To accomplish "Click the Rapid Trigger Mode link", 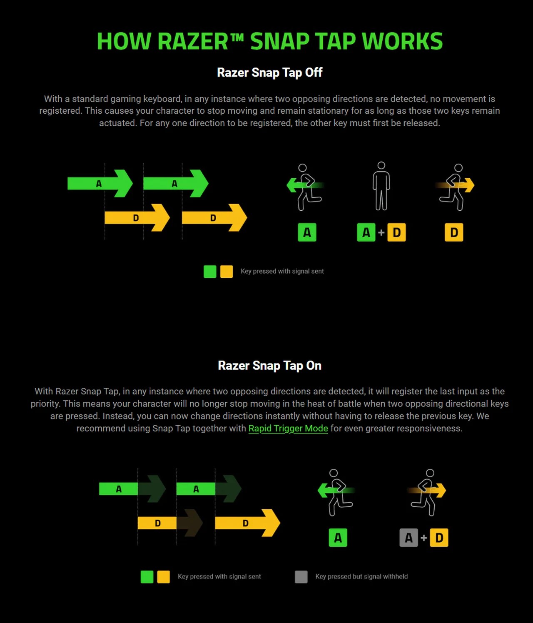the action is [x=288, y=428].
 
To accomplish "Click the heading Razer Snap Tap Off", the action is [x=270, y=72].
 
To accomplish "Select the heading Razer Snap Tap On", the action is [x=270, y=366].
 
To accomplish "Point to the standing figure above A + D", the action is [x=381, y=186].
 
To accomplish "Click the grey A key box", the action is [x=408, y=537].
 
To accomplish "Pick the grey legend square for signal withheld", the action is [x=301, y=577].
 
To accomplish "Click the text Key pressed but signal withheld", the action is [x=361, y=577].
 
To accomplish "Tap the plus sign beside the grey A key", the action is [x=424, y=537].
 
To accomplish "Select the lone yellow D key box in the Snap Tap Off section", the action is [x=454, y=232].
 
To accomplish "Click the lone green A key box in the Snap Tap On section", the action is [x=338, y=537].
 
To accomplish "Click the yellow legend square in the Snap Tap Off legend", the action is [x=226, y=272].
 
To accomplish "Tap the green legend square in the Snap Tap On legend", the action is [x=147, y=577].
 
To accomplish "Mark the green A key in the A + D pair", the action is [x=366, y=232].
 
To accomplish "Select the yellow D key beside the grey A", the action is [x=439, y=537].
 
